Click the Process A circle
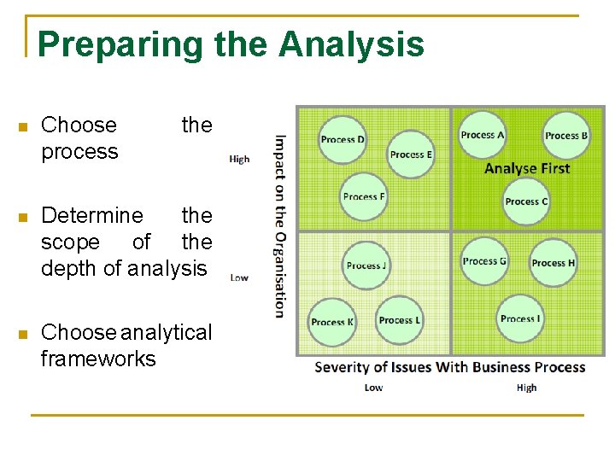[x=483, y=135]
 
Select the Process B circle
[x=566, y=136]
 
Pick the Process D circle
[x=343, y=139]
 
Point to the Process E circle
[x=411, y=155]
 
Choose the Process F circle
[x=364, y=196]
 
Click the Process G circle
[x=484, y=261]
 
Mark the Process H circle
[x=553, y=263]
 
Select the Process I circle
[x=520, y=318]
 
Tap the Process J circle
[x=366, y=265]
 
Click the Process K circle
[x=332, y=322]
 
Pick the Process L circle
[x=400, y=320]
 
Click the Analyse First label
[x=526, y=168]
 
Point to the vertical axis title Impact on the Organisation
[x=280, y=225]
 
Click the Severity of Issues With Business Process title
[x=449, y=367]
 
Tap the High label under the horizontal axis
[x=526, y=388]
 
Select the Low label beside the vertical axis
[x=239, y=277]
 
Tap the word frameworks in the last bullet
[x=98, y=359]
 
